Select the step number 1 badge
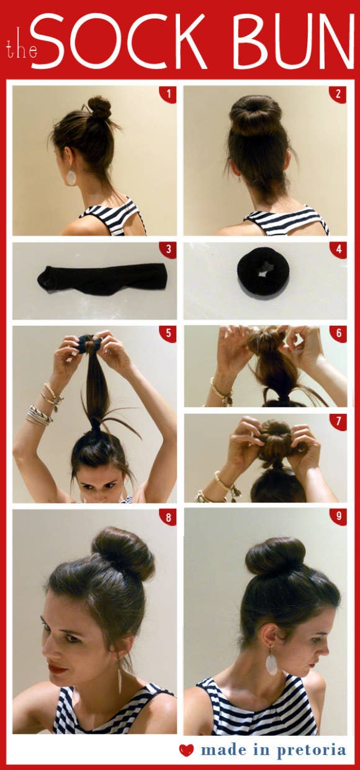coord(168,94)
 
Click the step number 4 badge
coord(338,251)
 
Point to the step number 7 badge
coord(338,423)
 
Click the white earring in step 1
coord(71,177)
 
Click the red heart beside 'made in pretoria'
coord(186,750)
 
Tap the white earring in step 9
coord(271,663)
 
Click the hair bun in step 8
coord(122,552)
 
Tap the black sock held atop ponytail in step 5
coord(88,343)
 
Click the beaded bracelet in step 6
coord(218,391)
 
